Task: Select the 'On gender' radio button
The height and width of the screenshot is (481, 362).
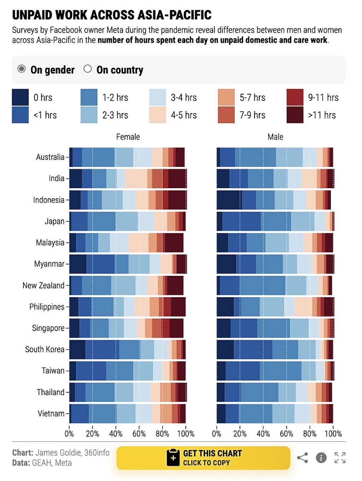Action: tap(22, 69)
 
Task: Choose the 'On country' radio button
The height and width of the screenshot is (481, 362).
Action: tap(88, 69)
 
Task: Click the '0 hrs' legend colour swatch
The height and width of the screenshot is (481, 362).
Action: tap(20, 97)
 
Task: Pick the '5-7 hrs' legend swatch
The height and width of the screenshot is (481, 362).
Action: tap(226, 97)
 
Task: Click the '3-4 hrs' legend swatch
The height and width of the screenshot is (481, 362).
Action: tap(158, 97)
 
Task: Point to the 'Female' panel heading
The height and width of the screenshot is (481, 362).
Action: tap(128, 137)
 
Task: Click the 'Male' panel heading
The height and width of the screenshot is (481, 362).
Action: tap(275, 137)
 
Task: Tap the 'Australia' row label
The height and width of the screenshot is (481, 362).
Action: tap(50, 157)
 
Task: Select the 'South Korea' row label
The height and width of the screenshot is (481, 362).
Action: tap(45, 349)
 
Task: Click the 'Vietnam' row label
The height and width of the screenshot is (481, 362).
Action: tap(51, 413)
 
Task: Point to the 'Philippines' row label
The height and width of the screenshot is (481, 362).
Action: tap(47, 307)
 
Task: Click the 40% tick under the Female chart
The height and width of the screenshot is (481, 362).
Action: tap(116, 434)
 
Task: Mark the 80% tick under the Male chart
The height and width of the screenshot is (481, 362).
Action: tap(310, 434)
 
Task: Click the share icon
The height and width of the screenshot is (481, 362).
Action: tap(302, 458)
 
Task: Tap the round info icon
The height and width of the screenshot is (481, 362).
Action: tap(321, 458)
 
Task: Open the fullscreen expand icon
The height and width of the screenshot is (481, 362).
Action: tap(340, 458)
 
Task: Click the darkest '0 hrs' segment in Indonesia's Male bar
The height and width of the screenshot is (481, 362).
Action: tap(229, 200)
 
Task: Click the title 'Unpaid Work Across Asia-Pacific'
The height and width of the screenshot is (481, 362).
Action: tap(112, 15)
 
